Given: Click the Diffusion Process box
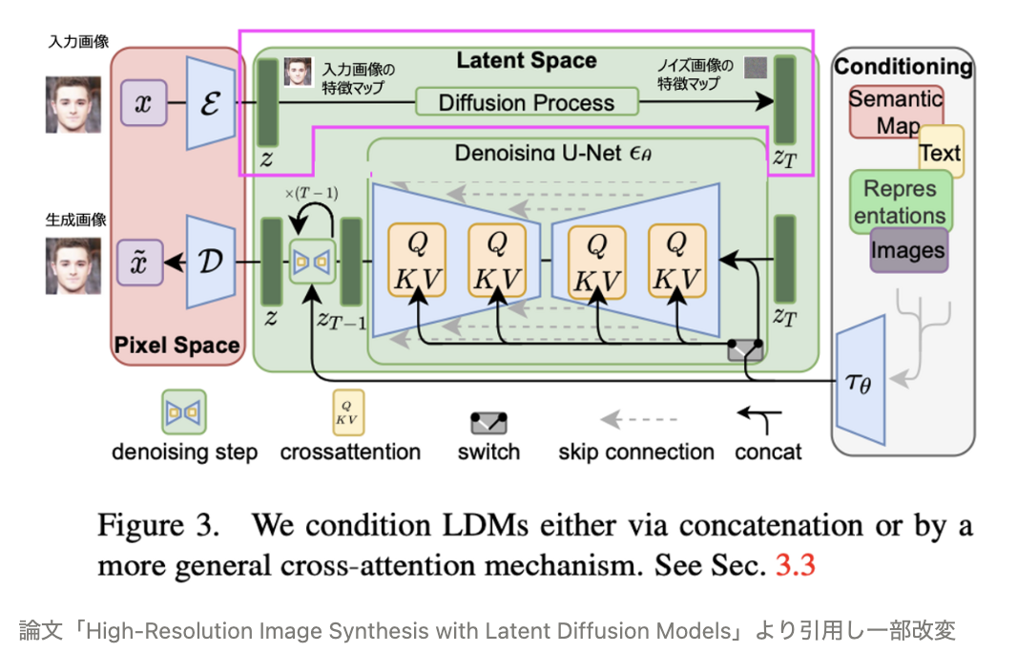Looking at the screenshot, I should point(526,102).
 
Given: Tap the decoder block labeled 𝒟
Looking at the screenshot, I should point(210,261).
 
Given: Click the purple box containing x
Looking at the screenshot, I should point(143,103).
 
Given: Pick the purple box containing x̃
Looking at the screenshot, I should point(142,261).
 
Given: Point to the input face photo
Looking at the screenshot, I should point(73,104).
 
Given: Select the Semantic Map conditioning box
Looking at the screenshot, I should point(896,111).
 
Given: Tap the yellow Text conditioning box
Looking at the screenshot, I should point(941,152).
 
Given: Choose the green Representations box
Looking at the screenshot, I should point(901,201).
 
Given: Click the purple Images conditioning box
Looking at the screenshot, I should point(908,250).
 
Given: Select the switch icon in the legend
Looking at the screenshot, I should point(488,422).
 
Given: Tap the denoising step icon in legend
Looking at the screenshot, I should point(184,412).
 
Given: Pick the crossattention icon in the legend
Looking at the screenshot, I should point(348,412).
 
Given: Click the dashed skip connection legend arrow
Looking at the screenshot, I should point(636,419).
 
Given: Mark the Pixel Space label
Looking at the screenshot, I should point(177,345).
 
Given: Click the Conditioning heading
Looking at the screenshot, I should point(903,67).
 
